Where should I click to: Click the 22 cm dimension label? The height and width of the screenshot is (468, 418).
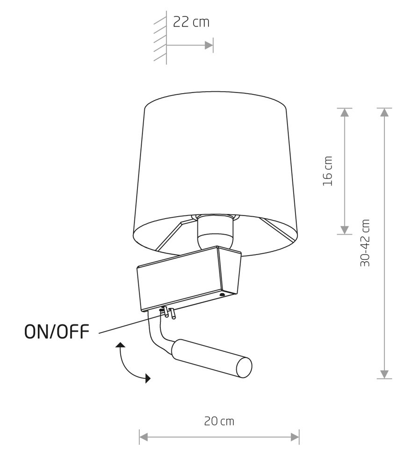191,22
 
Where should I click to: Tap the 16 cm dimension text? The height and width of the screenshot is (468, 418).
327,171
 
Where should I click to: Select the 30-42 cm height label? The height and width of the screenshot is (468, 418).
365,242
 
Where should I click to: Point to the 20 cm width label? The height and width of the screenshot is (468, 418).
219,421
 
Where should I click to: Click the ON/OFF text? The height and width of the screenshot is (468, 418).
57,331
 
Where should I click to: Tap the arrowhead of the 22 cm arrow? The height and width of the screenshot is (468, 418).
209,45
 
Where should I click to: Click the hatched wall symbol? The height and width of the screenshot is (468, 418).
160,37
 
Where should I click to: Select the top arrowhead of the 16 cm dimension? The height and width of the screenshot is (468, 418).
344,112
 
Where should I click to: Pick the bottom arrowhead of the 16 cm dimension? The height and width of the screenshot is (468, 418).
344,230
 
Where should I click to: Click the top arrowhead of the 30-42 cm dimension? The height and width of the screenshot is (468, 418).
385,112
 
